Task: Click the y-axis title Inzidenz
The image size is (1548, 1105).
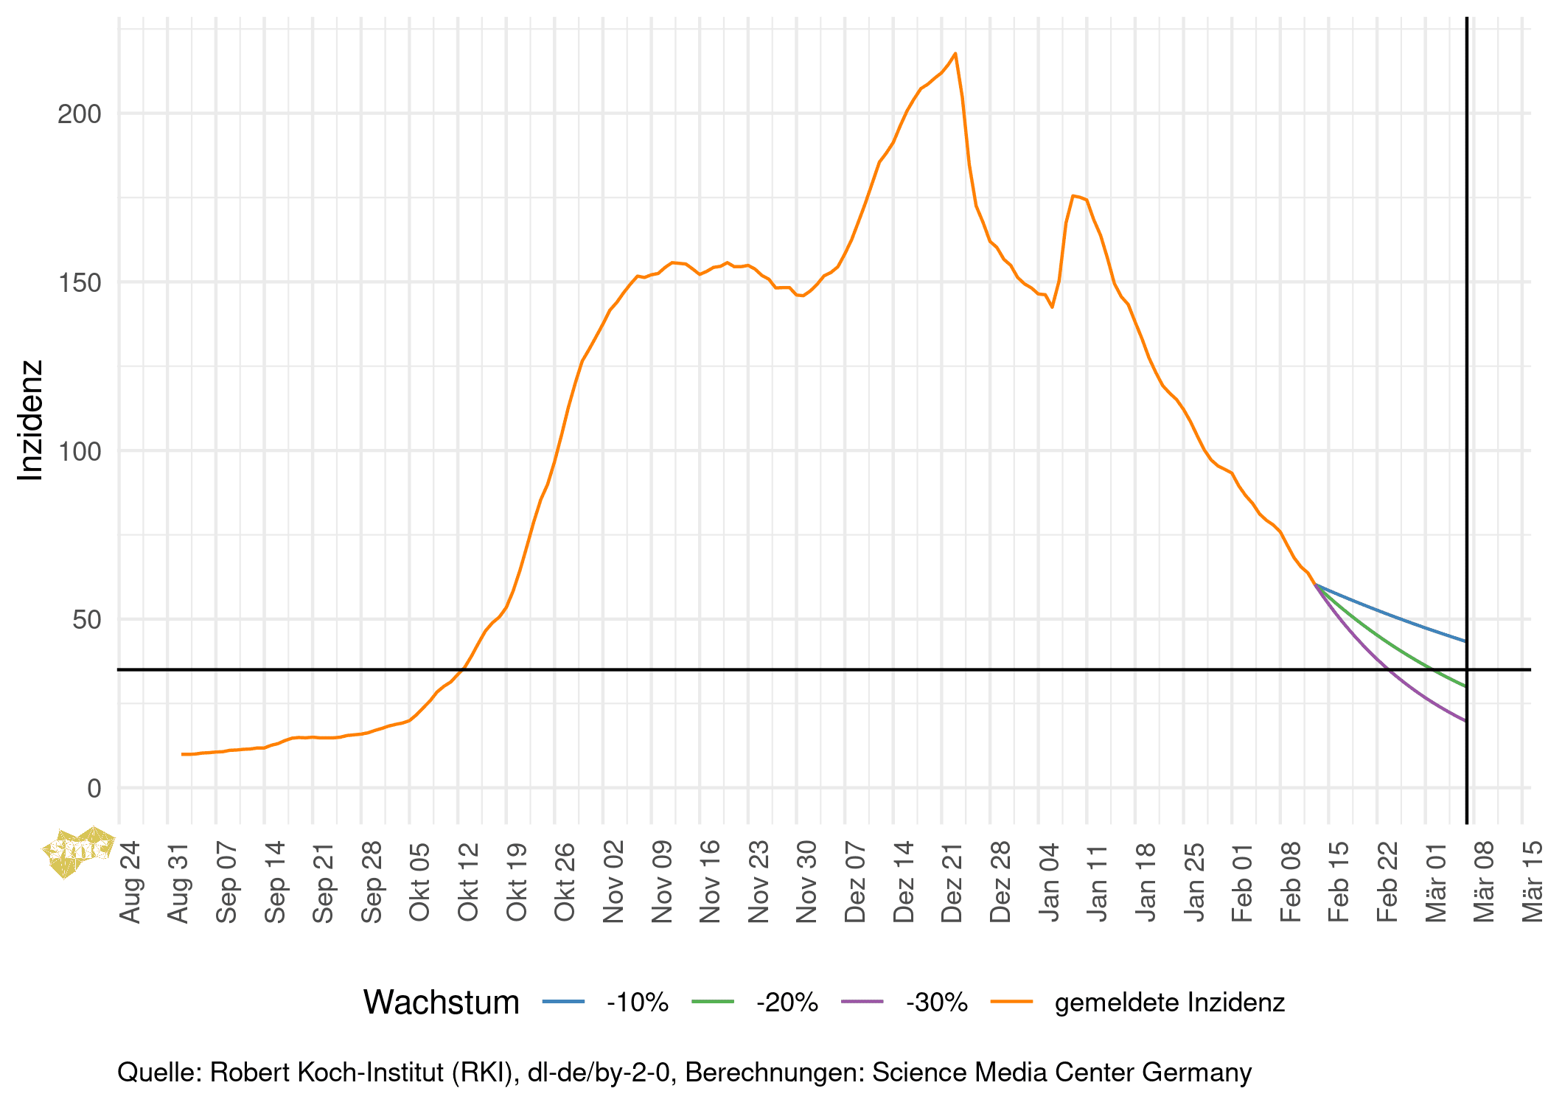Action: click(x=31, y=420)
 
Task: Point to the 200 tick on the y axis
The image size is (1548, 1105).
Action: click(x=80, y=114)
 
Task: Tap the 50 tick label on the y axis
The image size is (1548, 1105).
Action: click(x=86, y=620)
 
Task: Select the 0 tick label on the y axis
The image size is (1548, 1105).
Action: click(x=94, y=789)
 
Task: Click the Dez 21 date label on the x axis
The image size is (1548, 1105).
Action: click(x=952, y=882)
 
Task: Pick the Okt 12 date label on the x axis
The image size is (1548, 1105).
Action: click(x=469, y=882)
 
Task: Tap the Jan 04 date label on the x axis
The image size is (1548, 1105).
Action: click(x=1050, y=882)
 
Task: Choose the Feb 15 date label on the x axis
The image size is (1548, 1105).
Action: click(x=1339, y=882)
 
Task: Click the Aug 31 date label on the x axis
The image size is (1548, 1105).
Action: click(x=179, y=882)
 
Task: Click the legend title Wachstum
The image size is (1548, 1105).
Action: click(x=441, y=1003)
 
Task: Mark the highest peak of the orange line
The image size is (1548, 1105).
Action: click(x=955, y=54)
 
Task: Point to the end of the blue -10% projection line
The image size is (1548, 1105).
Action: click(x=1465, y=641)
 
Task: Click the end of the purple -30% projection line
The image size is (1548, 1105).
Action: click(x=1465, y=720)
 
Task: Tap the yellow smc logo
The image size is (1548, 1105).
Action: click(x=78, y=851)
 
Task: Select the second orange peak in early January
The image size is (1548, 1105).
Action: click(x=1074, y=196)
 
